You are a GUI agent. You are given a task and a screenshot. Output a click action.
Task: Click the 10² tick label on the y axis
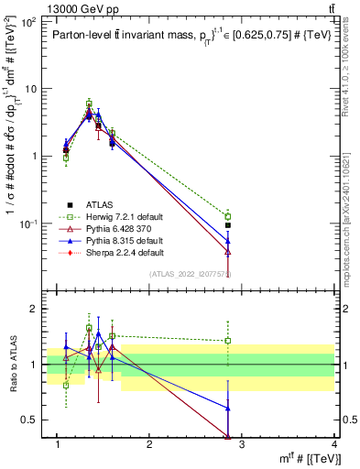(x=30, y=22)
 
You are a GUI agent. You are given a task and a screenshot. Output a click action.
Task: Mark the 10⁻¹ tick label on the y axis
(x=30, y=224)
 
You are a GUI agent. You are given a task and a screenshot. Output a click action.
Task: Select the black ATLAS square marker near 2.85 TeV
(x=228, y=224)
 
